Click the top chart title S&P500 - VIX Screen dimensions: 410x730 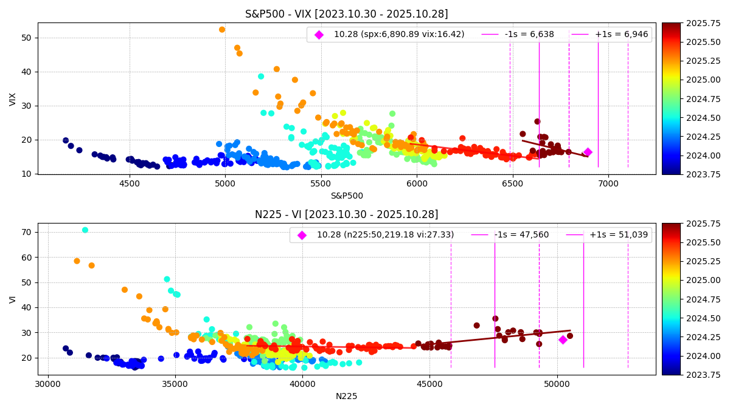point(346,14)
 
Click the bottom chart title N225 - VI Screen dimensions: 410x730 point(346,214)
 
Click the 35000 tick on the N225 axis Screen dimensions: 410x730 point(175,384)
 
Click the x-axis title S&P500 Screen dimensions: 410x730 point(346,196)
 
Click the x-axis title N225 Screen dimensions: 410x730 point(346,396)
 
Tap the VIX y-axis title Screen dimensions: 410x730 point(13,99)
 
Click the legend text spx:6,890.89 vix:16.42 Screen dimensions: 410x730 point(399,35)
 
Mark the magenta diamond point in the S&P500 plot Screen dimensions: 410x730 point(588,152)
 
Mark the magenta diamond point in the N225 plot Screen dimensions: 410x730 point(563,340)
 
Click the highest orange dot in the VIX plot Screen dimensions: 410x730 point(222,30)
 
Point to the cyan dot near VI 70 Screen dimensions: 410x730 point(85,230)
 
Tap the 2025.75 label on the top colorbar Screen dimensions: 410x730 point(688,23)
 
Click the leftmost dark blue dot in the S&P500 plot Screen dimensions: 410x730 point(66,140)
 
